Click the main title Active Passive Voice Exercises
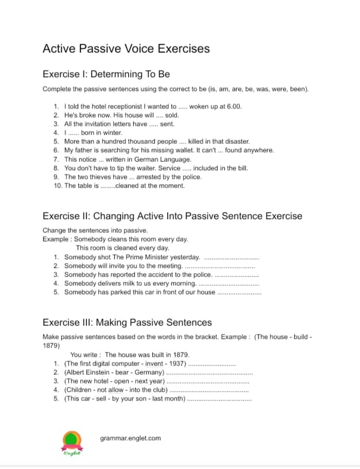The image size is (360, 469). pos(126,49)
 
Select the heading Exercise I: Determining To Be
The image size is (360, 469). pos(106,74)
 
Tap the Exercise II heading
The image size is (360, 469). pos(172,216)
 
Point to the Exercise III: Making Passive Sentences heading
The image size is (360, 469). pos(127,322)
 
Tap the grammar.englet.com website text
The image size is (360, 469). pos(130,438)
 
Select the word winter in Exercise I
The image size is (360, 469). pos(113,133)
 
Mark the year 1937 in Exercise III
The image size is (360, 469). pos(178,364)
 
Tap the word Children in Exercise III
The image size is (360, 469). pos(80,390)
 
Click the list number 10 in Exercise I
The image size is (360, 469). pos(58,185)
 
